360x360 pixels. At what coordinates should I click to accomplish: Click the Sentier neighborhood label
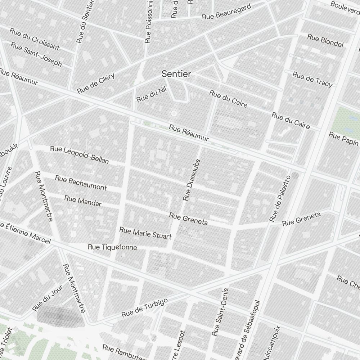point(176,74)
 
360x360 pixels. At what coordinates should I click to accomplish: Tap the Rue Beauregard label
point(226,13)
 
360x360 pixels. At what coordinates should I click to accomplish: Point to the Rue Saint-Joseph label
point(36,55)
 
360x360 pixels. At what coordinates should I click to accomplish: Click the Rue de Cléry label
point(96,83)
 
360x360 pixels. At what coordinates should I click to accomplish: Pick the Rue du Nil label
point(151,95)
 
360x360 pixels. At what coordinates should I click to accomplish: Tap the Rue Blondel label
point(325,41)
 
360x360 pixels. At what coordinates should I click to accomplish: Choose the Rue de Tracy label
point(312,79)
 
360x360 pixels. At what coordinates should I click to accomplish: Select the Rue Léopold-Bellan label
point(79,154)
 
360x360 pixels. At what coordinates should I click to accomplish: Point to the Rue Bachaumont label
point(81,183)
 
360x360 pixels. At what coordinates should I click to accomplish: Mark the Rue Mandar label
point(82,201)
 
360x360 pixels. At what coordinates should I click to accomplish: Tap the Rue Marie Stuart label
point(145,233)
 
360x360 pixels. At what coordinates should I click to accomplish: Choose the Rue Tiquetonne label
point(112,247)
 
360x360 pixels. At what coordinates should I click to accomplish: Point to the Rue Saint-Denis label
point(220,312)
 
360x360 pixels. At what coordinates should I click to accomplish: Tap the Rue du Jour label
point(48,298)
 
